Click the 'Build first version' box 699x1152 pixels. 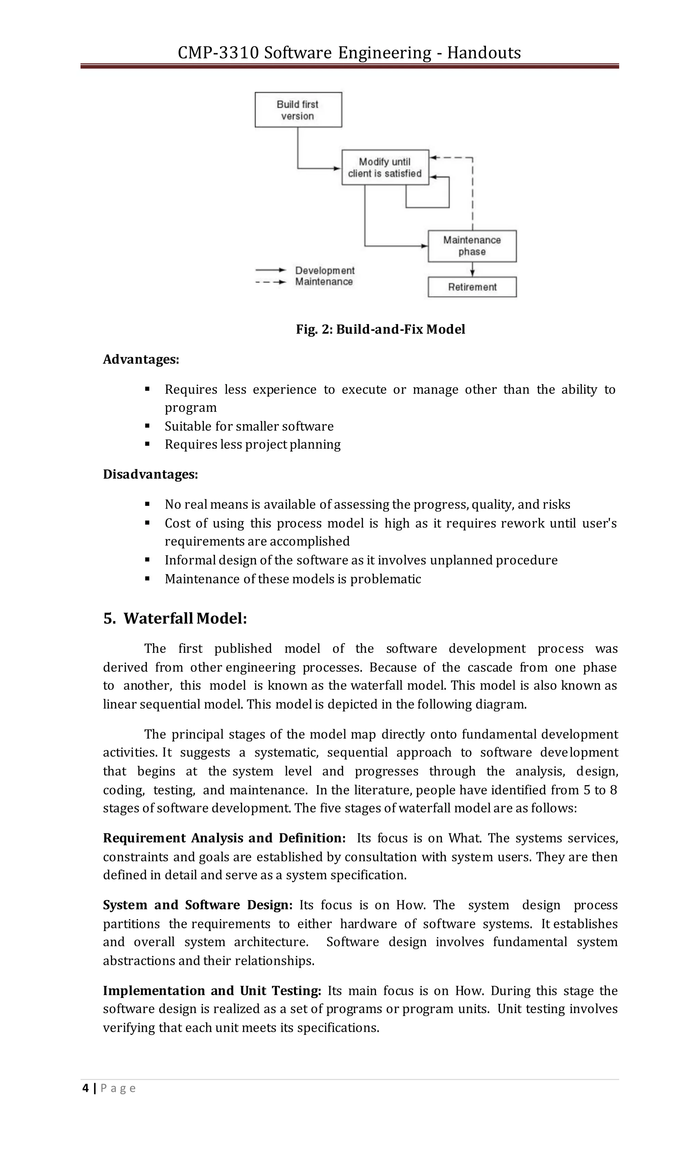(298, 110)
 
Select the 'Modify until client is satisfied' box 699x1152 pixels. (385, 167)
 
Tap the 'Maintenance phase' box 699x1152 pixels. (472, 246)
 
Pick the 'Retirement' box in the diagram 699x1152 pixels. (472, 287)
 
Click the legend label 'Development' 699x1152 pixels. (325, 271)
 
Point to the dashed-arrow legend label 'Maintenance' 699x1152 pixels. (324, 282)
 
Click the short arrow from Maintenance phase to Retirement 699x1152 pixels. (472, 269)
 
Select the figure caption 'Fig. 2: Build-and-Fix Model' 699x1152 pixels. (380, 330)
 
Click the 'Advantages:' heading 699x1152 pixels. (141, 360)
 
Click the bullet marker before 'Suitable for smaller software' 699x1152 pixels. (147, 426)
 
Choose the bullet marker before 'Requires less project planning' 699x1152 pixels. (147, 444)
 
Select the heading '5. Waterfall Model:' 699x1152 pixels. (175, 619)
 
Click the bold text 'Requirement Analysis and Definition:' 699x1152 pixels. (224, 838)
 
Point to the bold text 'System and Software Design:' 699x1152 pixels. (198, 905)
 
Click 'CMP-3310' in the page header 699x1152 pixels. (218, 53)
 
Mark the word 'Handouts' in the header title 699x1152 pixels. (484, 53)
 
